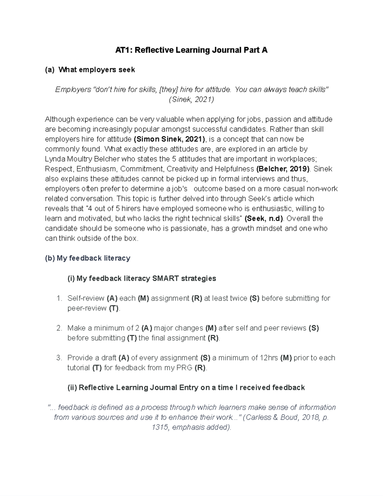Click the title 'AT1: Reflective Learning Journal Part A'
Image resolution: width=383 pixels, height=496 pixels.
click(x=191, y=50)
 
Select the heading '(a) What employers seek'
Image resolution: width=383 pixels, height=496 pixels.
click(x=90, y=70)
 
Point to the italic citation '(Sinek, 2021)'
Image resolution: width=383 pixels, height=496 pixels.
click(x=191, y=99)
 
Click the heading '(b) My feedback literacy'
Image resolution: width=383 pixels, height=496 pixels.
click(x=88, y=258)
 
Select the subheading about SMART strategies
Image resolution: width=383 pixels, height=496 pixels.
click(x=142, y=278)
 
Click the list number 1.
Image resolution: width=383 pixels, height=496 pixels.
click(x=58, y=298)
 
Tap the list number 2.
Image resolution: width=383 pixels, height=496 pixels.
click(x=58, y=328)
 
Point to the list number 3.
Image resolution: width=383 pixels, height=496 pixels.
click(x=58, y=358)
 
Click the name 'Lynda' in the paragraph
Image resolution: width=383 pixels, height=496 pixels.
click(x=54, y=159)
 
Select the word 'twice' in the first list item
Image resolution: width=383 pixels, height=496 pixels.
click(x=238, y=298)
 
